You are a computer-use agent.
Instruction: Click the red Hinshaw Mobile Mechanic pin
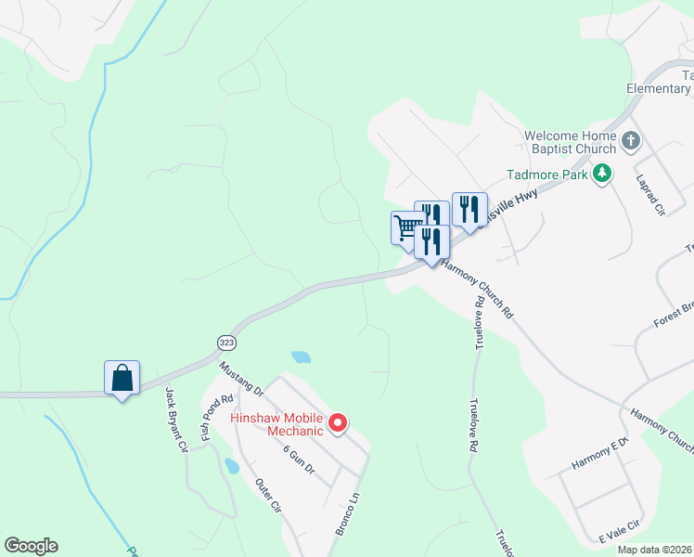tap(339, 424)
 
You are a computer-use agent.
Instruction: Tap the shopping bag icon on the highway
tap(122, 378)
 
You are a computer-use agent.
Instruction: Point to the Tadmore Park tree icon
tap(603, 173)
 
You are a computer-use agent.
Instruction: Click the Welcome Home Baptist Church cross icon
tap(631, 142)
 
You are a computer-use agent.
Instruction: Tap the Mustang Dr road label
tap(241, 378)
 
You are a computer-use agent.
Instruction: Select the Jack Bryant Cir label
tap(176, 420)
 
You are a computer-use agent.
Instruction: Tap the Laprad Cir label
tap(650, 194)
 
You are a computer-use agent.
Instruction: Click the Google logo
tap(31, 546)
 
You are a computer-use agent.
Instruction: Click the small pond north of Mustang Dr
tap(301, 356)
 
